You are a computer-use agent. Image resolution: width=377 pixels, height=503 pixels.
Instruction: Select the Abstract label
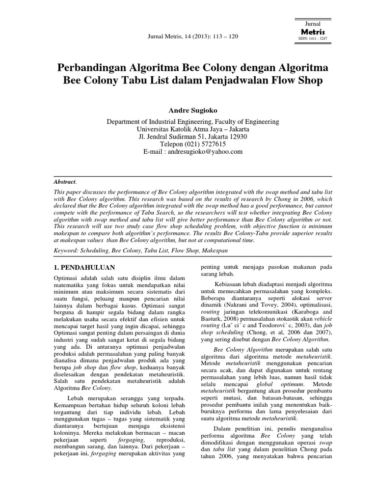coord(64,181)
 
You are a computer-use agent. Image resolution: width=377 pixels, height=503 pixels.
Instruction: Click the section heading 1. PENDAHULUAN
coord(83,267)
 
